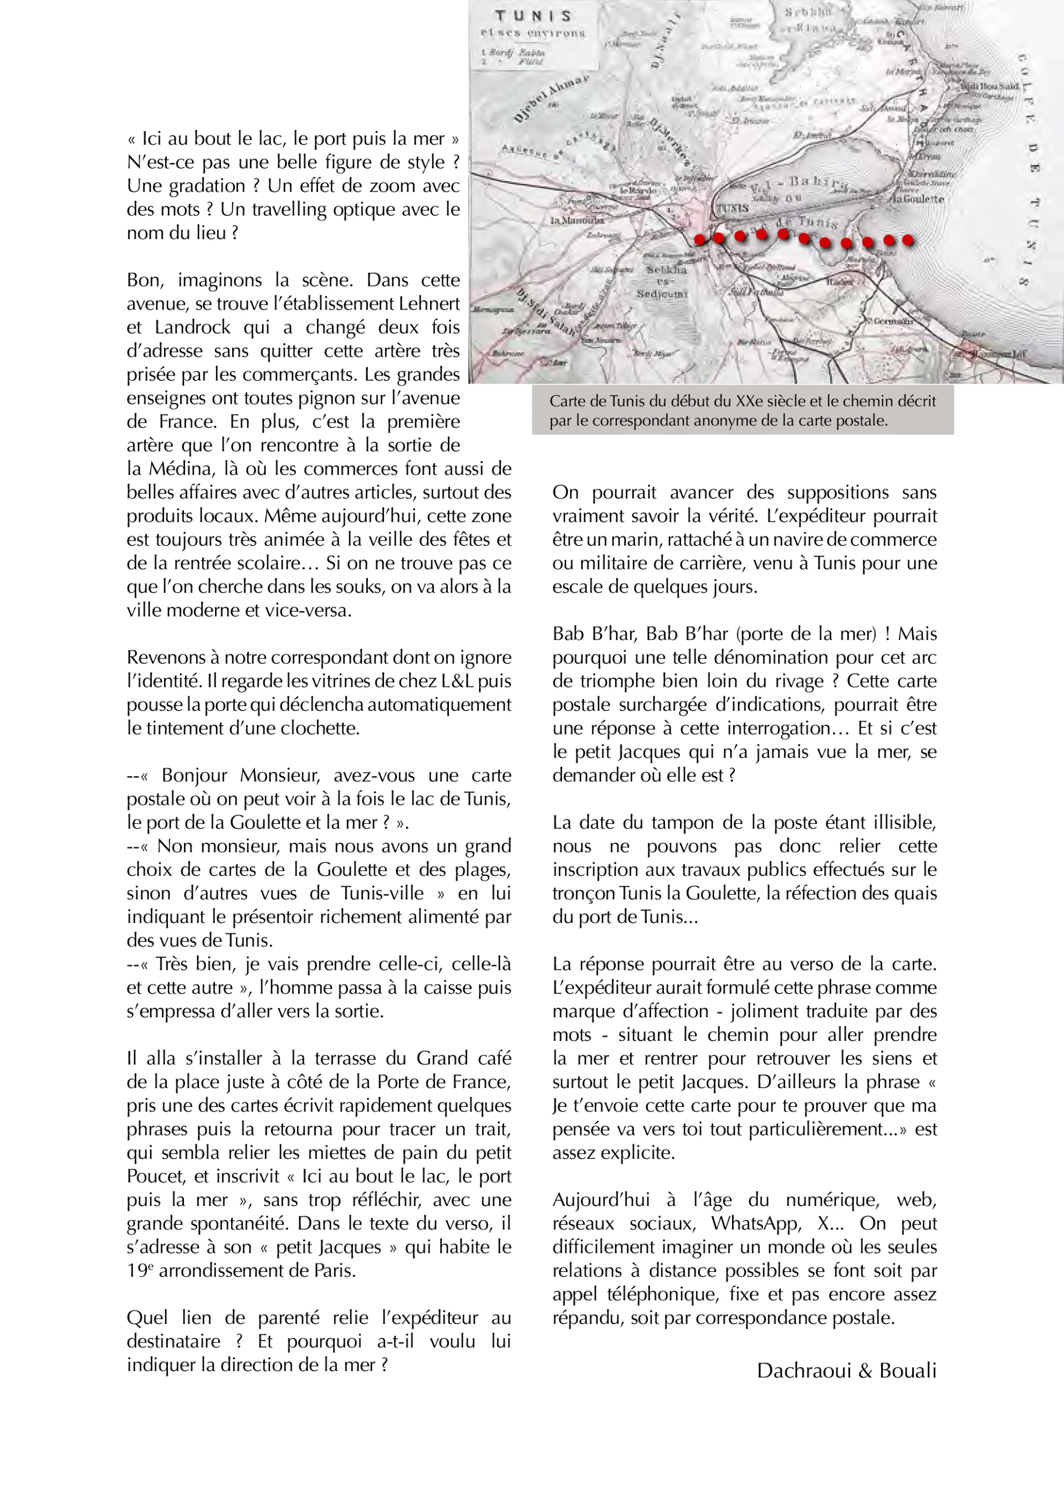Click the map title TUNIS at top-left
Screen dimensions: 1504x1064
533,16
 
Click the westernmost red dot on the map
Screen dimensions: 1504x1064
700,240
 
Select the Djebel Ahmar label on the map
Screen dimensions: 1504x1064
550,97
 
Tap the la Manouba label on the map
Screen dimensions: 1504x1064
576,220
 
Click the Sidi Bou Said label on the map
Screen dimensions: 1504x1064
989,86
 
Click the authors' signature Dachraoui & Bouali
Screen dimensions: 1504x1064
846,1370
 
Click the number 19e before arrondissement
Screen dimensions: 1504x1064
140,1270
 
